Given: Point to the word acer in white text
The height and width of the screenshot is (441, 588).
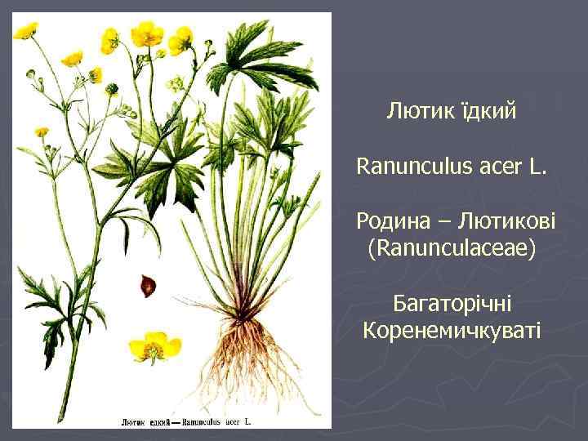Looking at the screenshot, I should [497, 168].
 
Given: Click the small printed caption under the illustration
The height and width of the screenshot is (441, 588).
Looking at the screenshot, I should [186, 422].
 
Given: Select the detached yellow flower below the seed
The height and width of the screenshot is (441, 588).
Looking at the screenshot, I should [154, 346].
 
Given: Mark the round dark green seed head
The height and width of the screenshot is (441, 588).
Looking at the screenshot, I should [111, 88].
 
